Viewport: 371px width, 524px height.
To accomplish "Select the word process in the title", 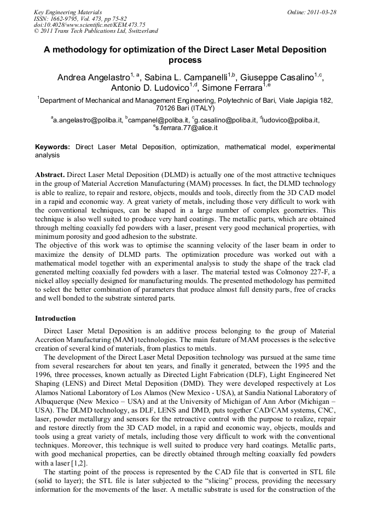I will (x=185, y=60).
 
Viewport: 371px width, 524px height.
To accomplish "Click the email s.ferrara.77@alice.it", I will (x=187, y=127).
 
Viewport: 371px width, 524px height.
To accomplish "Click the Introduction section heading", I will (x=55, y=318).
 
